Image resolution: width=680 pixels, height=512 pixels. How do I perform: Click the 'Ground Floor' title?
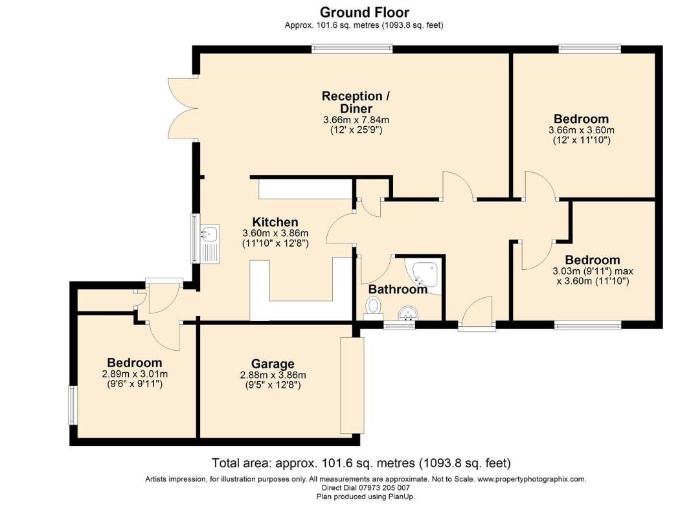[364, 12]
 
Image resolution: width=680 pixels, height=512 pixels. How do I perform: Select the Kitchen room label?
[275, 222]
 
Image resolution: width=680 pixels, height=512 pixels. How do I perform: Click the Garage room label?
[273, 364]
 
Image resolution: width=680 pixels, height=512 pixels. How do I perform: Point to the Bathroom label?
[398, 289]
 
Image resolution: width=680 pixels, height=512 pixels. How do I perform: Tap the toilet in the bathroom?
[373, 307]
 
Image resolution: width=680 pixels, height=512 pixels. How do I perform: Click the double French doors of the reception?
[181, 107]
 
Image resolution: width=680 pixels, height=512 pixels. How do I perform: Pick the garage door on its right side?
[352, 385]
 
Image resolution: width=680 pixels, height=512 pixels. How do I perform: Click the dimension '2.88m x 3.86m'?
[273, 375]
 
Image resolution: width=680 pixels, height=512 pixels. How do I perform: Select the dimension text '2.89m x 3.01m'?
[135, 374]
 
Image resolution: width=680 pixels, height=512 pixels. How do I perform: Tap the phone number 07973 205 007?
[386, 488]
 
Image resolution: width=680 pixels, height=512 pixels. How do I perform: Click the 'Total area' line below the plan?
[361, 463]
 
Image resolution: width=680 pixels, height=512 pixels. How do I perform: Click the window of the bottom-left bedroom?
[73, 405]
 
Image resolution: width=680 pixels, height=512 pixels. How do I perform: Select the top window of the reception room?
[352, 48]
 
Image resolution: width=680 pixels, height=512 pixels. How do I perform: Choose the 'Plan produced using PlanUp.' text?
[365, 496]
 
